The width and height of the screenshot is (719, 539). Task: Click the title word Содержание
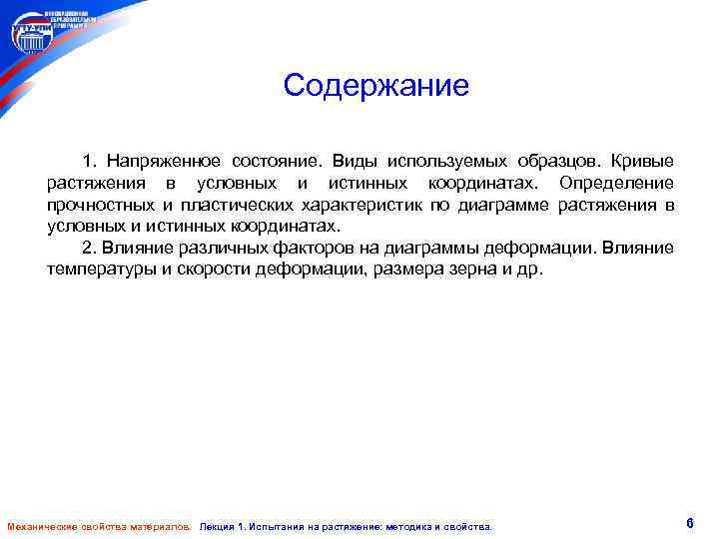375,86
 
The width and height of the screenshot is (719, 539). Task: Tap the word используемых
446,162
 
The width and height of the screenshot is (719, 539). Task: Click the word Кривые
642,162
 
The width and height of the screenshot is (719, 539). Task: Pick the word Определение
616,184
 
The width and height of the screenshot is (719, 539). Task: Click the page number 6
690,523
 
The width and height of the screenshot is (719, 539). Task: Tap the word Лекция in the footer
221,526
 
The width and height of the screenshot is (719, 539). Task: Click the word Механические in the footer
41,526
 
